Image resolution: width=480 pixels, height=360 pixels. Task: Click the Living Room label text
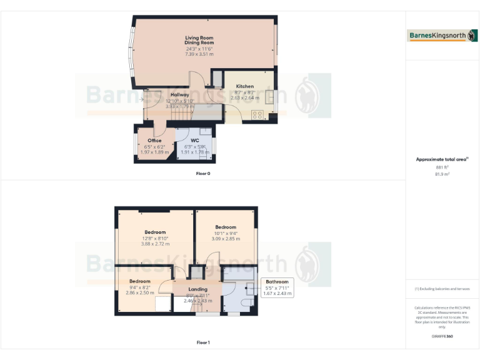(199, 38)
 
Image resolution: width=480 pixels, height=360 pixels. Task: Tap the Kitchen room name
(244, 86)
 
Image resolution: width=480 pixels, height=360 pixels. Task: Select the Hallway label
(179, 95)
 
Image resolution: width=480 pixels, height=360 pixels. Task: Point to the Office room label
(154, 141)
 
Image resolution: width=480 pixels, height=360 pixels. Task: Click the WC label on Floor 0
(194, 141)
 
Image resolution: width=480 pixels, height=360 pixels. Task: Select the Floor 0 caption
(202, 173)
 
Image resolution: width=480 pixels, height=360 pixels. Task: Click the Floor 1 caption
(202, 342)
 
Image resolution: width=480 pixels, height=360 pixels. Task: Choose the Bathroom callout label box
(277, 287)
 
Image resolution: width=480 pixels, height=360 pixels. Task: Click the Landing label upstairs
(197, 289)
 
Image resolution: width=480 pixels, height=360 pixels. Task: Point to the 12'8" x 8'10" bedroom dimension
(155, 238)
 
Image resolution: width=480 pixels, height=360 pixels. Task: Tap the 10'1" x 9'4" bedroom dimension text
(225, 233)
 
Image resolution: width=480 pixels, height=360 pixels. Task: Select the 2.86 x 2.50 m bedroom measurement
(139, 292)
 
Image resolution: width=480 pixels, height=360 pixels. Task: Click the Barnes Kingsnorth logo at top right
(442, 36)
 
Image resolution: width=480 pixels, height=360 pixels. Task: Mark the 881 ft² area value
(442, 167)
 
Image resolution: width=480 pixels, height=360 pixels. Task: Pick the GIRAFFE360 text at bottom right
(442, 337)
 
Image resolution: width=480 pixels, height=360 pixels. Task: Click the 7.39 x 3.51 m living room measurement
(199, 54)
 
